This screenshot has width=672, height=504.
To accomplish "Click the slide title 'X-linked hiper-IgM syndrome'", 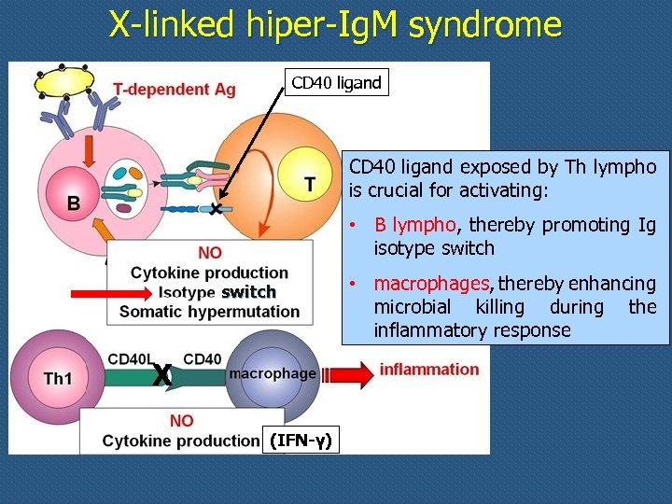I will (x=335, y=24).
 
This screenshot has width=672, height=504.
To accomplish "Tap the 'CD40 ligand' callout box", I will (x=336, y=83).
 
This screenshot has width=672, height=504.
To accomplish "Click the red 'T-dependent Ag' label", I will (x=175, y=90).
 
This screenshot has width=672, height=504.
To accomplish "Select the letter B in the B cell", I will (x=72, y=202).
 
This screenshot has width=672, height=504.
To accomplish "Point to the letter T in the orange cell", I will (x=310, y=185).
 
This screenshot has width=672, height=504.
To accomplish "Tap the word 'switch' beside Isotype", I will (x=248, y=292).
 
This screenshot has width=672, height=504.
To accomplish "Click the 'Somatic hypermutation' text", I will (x=210, y=311).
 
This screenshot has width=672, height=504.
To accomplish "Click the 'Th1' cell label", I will (x=60, y=378).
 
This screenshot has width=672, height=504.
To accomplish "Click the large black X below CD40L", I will (x=161, y=375).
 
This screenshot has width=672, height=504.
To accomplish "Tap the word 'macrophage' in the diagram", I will (x=273, y=373).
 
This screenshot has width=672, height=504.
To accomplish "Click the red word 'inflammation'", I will (x=428, y=369).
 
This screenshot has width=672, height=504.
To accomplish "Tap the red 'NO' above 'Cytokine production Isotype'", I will (x=210, y=253).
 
